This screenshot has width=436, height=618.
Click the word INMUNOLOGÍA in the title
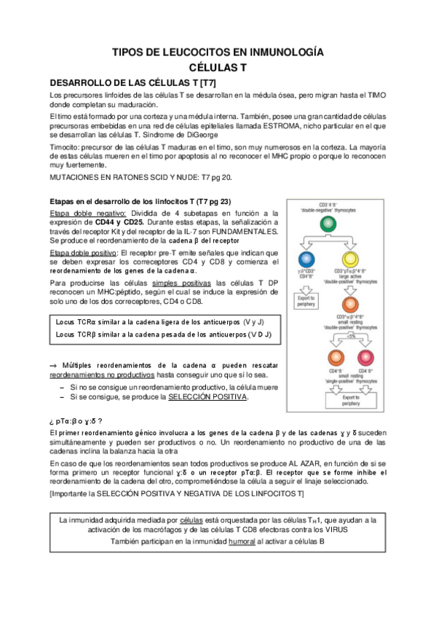pyautogui.click(x=280, y=52)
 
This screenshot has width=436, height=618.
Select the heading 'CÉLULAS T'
pyautogui.click(x=218, y=67)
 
